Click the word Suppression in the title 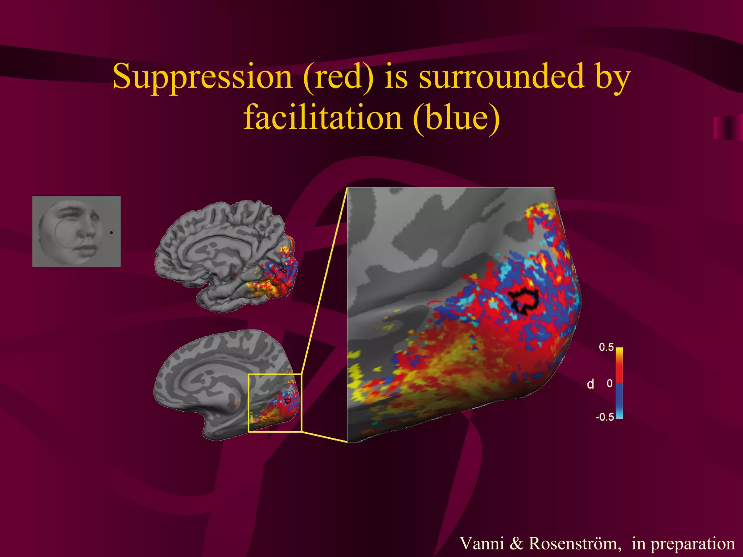(x=202, y=77)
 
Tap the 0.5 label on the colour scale (x=606, y=347)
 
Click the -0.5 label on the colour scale (x=604, y=417)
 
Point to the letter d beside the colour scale (x=591, y=384)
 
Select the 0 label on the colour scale (x=609, y=383)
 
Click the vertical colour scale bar (x=619, y=383)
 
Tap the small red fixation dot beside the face (x=111, y=233)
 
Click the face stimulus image (x=76, y=231)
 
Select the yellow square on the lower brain (x=275, y=403)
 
